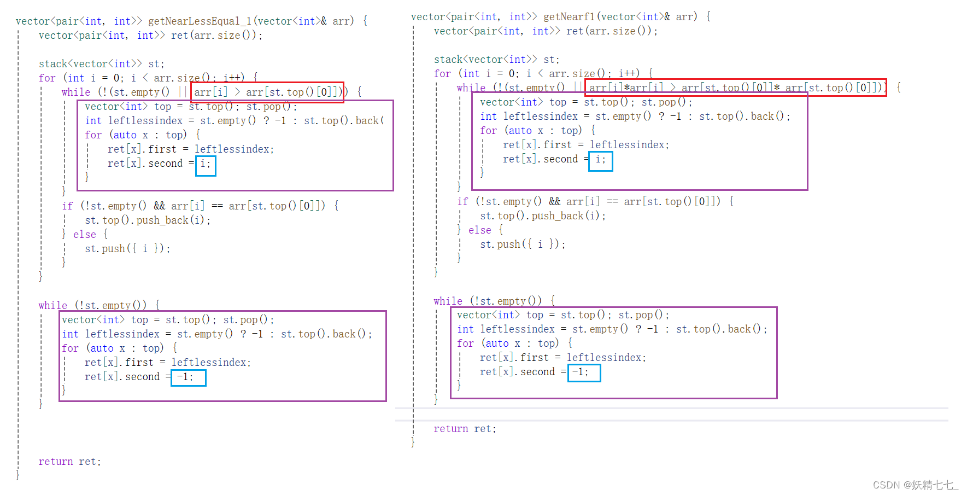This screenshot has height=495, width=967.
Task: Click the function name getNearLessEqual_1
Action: click(x=200, y=21)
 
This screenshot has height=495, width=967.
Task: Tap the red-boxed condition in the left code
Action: click(x=267, y=92)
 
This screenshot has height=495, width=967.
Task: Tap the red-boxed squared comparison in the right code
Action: click(x=735, y=88)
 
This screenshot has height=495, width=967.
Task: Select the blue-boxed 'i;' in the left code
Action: click(x=206, y=164)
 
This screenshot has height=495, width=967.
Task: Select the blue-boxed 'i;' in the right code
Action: click(x=600, y=159)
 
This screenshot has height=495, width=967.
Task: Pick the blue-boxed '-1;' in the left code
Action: click(x=188, y=377)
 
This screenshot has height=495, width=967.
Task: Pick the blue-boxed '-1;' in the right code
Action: click(x=584, y=372)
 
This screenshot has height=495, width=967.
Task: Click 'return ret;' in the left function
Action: click(x=70, y=462)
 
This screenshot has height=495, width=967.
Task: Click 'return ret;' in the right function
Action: click(x=465, y=429)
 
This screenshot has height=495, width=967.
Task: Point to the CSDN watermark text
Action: click(x=915, y=485)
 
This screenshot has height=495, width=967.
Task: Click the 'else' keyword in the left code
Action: click(x=85, y=235)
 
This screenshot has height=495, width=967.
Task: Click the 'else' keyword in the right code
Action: click(x=479, y=230)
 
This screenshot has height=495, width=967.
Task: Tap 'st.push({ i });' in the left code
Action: click(x=127, y=249)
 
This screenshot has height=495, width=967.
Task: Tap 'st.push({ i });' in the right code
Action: click(x=523, y=244)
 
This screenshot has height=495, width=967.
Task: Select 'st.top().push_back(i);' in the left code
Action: click(x=148, y=220)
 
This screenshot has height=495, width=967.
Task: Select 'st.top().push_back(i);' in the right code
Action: click(x=543, y=216)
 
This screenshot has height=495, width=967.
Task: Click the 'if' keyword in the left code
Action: click(x=67, y=206)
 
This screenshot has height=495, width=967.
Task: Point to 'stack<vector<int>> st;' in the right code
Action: click(x=496, y=60)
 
